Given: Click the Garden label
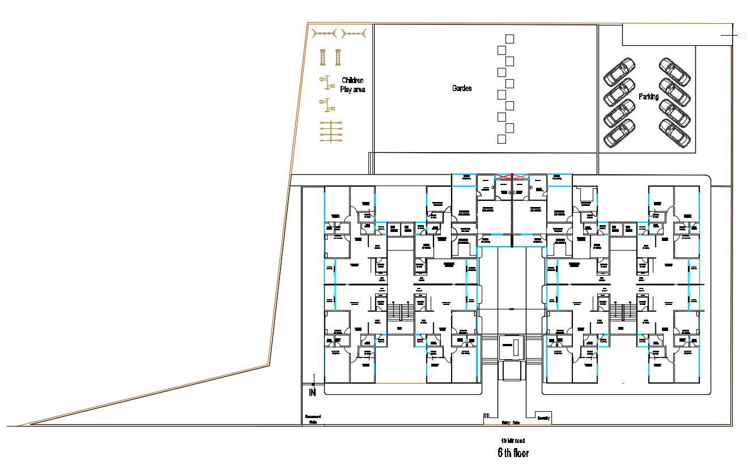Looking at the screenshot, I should click(x=461, y=88).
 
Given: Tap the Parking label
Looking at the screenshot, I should click(x=648, y=97).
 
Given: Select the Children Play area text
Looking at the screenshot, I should click(x=352, y=85).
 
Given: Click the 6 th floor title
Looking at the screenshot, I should click(x=513, y=453).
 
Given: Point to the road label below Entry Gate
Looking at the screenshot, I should click(x=512, y=440).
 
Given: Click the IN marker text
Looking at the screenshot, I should click(x=312, y=393).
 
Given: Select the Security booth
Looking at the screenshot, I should click(x=543, y=417).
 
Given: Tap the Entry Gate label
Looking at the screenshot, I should click(x=511, y=423).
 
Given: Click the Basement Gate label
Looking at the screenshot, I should click(x=313, y=419).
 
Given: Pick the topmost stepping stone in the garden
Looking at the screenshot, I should click(x=509, y=38).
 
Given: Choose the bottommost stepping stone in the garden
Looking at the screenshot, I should click(x=501, y=139).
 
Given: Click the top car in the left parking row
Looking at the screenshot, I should click(x=619, y=71).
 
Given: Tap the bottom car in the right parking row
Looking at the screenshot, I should click(x=675, y=134).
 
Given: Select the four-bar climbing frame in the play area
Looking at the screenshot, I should click(x=331, y=132).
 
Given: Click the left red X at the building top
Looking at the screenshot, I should click(x=503, y=177).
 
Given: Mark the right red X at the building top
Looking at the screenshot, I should click(x=520, y=177).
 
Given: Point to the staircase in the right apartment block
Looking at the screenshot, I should click(x=623, y=312).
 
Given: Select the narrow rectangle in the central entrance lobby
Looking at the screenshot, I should click(x=515, y=348).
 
